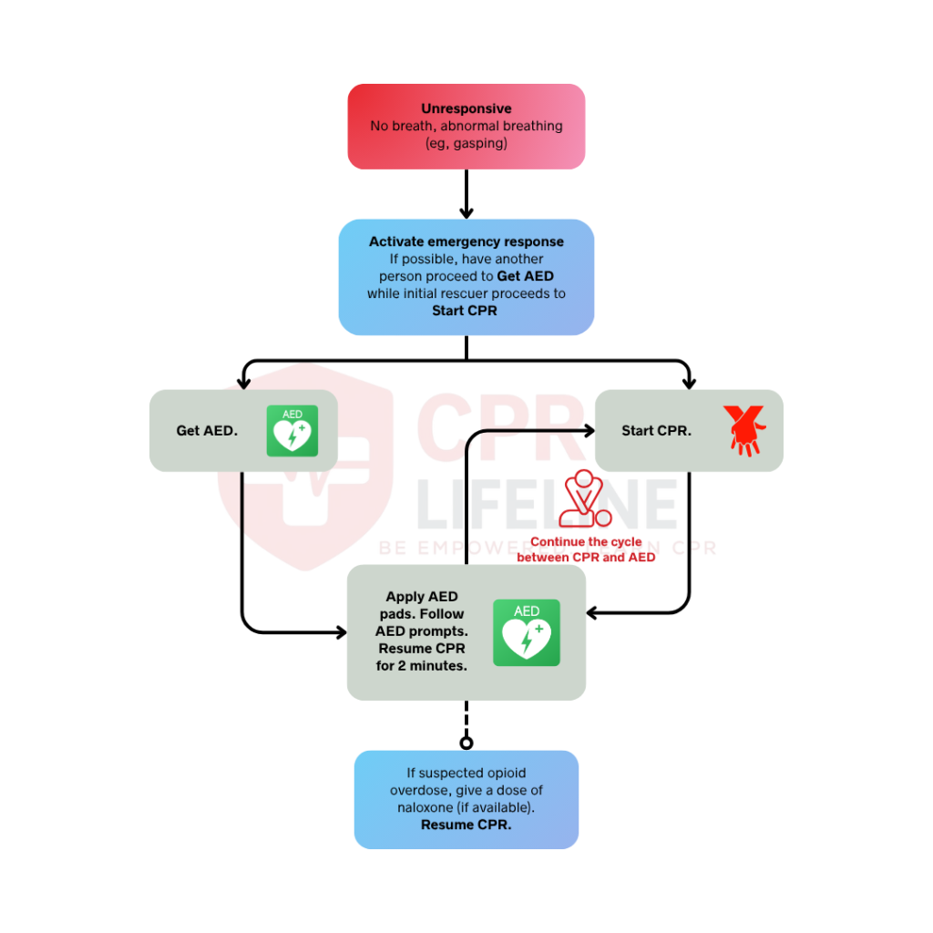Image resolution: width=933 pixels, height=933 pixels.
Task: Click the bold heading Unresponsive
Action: pos(466,108)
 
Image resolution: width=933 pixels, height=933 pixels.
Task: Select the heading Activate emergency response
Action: pos(466,241)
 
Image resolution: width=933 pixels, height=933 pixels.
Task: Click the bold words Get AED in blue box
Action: pos(525,276)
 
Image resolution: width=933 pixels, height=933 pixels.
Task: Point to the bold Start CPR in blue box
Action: pos(466,311)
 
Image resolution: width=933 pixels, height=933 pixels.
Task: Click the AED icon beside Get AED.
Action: pos(292,431)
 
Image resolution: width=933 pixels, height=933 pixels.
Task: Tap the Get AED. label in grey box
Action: pos(207,431)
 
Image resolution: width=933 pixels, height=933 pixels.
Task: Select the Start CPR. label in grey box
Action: pos(656,431)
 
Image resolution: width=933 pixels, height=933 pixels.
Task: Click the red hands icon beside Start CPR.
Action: pos(743,430)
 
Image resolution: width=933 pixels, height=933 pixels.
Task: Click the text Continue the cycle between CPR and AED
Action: pos(586,549)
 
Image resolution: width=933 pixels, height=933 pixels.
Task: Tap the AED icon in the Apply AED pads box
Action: pos(526,632)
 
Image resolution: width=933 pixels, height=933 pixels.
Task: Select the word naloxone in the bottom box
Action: pos(427,807)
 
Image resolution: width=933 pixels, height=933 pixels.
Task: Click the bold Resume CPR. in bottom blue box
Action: pos(466,825)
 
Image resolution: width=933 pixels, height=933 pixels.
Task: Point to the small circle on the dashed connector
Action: pos(466,742)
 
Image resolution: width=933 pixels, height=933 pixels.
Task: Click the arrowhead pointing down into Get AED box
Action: pos(242,382)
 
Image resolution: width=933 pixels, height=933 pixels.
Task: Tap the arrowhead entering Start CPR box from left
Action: pos(588,428)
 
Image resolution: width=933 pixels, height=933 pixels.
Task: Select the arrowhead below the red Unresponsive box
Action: pos(466,212)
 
